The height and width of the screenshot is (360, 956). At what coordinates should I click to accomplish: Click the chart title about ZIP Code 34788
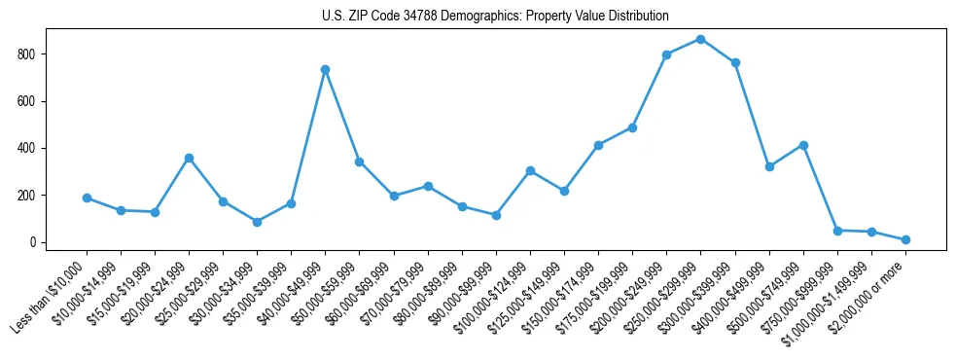pos(495,17)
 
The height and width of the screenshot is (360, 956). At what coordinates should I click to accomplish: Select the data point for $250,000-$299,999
pos(700,39)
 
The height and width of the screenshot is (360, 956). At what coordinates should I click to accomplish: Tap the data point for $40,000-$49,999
pos(325,69)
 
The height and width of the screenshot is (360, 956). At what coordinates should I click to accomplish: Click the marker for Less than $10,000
pos(87,198)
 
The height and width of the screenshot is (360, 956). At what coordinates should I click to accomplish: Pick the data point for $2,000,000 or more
pos(905,239)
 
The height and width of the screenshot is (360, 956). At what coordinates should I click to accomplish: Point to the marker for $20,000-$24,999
pos(189,158)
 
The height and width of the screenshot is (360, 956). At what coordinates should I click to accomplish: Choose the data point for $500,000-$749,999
pos(803,145)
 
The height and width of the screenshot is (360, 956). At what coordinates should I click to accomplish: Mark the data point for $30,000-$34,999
pos(257,222)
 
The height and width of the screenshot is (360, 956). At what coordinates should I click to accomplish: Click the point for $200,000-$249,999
pos(666,54)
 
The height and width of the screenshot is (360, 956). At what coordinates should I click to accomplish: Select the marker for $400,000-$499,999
pos(769,166)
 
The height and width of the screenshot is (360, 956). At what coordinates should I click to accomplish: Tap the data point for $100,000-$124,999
pos(530,170)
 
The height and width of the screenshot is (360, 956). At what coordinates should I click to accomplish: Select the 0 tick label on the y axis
pos(33,242)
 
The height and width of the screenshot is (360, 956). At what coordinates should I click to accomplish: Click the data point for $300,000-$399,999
pos(735,62)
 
